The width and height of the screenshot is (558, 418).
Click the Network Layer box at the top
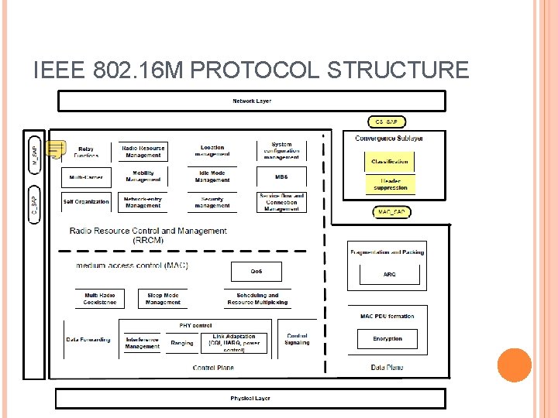pyautogui.click(x=252, y=101)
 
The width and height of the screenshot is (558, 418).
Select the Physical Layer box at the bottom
pyautogui.click(x=250, y=399)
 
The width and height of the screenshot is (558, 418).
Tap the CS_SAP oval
pyautogui.click(x=387, y=122)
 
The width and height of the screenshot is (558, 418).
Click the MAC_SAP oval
pyautogui.click(x=391, y=212)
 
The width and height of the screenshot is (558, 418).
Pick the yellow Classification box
pyautogui.click(x=389, y=162)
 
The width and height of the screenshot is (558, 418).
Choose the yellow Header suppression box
pyautogui.click(x=390, y=184)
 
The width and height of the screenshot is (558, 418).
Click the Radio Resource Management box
pyautogui.click(x=143, y=151)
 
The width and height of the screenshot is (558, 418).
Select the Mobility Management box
pyautogui.click(x=143, y=176)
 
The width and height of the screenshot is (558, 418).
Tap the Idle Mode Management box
pyautogui.click(x=212, y=176)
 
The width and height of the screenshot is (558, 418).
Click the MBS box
pyautogui.click(x=281, y=176)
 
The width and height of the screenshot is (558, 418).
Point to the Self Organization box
pyautogui.click(x=86, y=202)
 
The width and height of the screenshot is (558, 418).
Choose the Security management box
pyautogui.click(x=212, y=202)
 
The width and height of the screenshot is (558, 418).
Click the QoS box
pyautogui.click(x=257, y=272)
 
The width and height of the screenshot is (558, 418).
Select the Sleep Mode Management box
pyautogui.click(x=163, y=299)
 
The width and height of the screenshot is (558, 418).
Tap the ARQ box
pyautogui.click(x=389, y=275)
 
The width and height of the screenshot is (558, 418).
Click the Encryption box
pyautogui.click(x=387, y=339)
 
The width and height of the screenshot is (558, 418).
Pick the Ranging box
pyautogui.click(x=182, y=343)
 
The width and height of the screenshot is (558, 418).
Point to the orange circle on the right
pyautogui.click(x=514, y=365)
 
